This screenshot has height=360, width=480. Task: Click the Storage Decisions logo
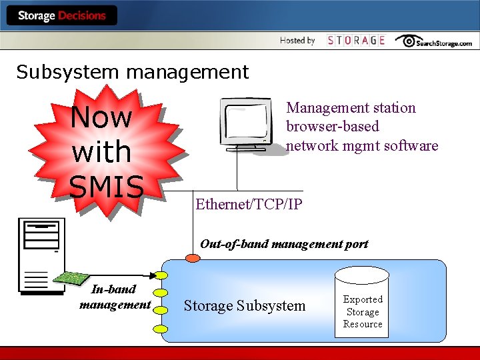[61, 15]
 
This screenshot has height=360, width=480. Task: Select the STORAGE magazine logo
[356, 41]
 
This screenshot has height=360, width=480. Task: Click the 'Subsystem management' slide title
[132, 72]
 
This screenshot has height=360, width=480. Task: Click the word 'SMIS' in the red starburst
[107, 187]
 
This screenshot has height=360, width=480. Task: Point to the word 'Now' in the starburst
[101, 117]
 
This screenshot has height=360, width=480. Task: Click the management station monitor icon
[247, 125]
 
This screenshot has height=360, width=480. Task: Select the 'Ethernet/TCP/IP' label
[249, 205]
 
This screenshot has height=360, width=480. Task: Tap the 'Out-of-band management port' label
[284, 244]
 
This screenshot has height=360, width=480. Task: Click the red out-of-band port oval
[191, 259]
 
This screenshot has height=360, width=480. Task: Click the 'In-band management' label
[115, 297]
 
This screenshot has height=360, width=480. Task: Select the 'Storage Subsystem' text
[244, 306]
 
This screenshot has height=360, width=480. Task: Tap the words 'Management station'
[351, 108]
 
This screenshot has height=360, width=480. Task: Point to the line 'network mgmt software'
[362, 145]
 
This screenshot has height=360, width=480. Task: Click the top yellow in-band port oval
[161, 275]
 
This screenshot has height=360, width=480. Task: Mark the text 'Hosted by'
[297, 41]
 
